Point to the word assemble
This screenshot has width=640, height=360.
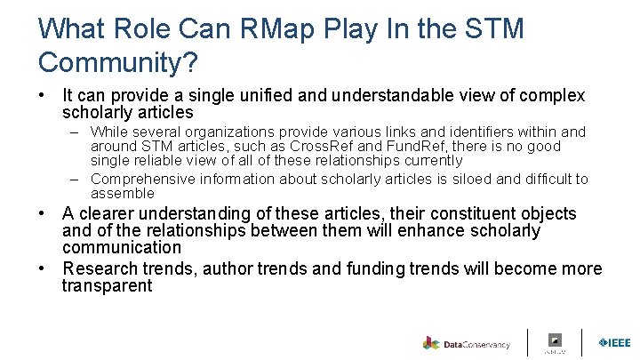click(122, 193)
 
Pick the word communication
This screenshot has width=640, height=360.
click(121, 248)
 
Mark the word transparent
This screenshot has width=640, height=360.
click(107, 286)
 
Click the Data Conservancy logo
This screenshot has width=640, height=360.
click(467, 344)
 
